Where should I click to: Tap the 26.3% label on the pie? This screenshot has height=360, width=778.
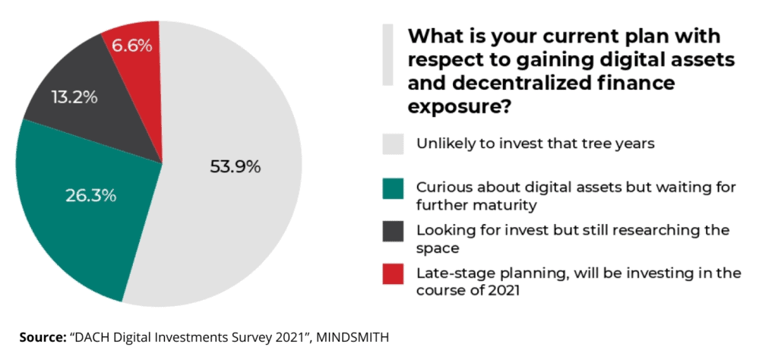(90, 196)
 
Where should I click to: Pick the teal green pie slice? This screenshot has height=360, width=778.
(68, 220)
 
